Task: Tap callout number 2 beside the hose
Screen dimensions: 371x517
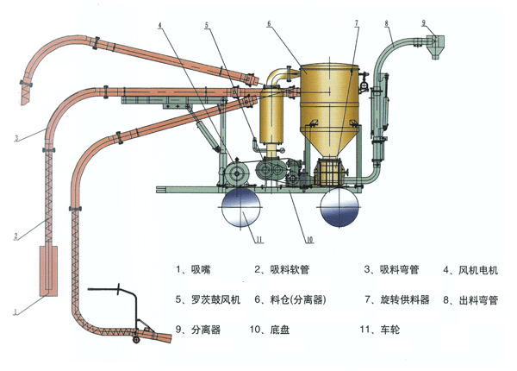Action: click(x=15, y=235)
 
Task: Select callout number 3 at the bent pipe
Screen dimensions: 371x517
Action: click(x=15, y=137)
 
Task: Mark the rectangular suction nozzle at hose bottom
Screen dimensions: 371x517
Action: click(x=47, y=270)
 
